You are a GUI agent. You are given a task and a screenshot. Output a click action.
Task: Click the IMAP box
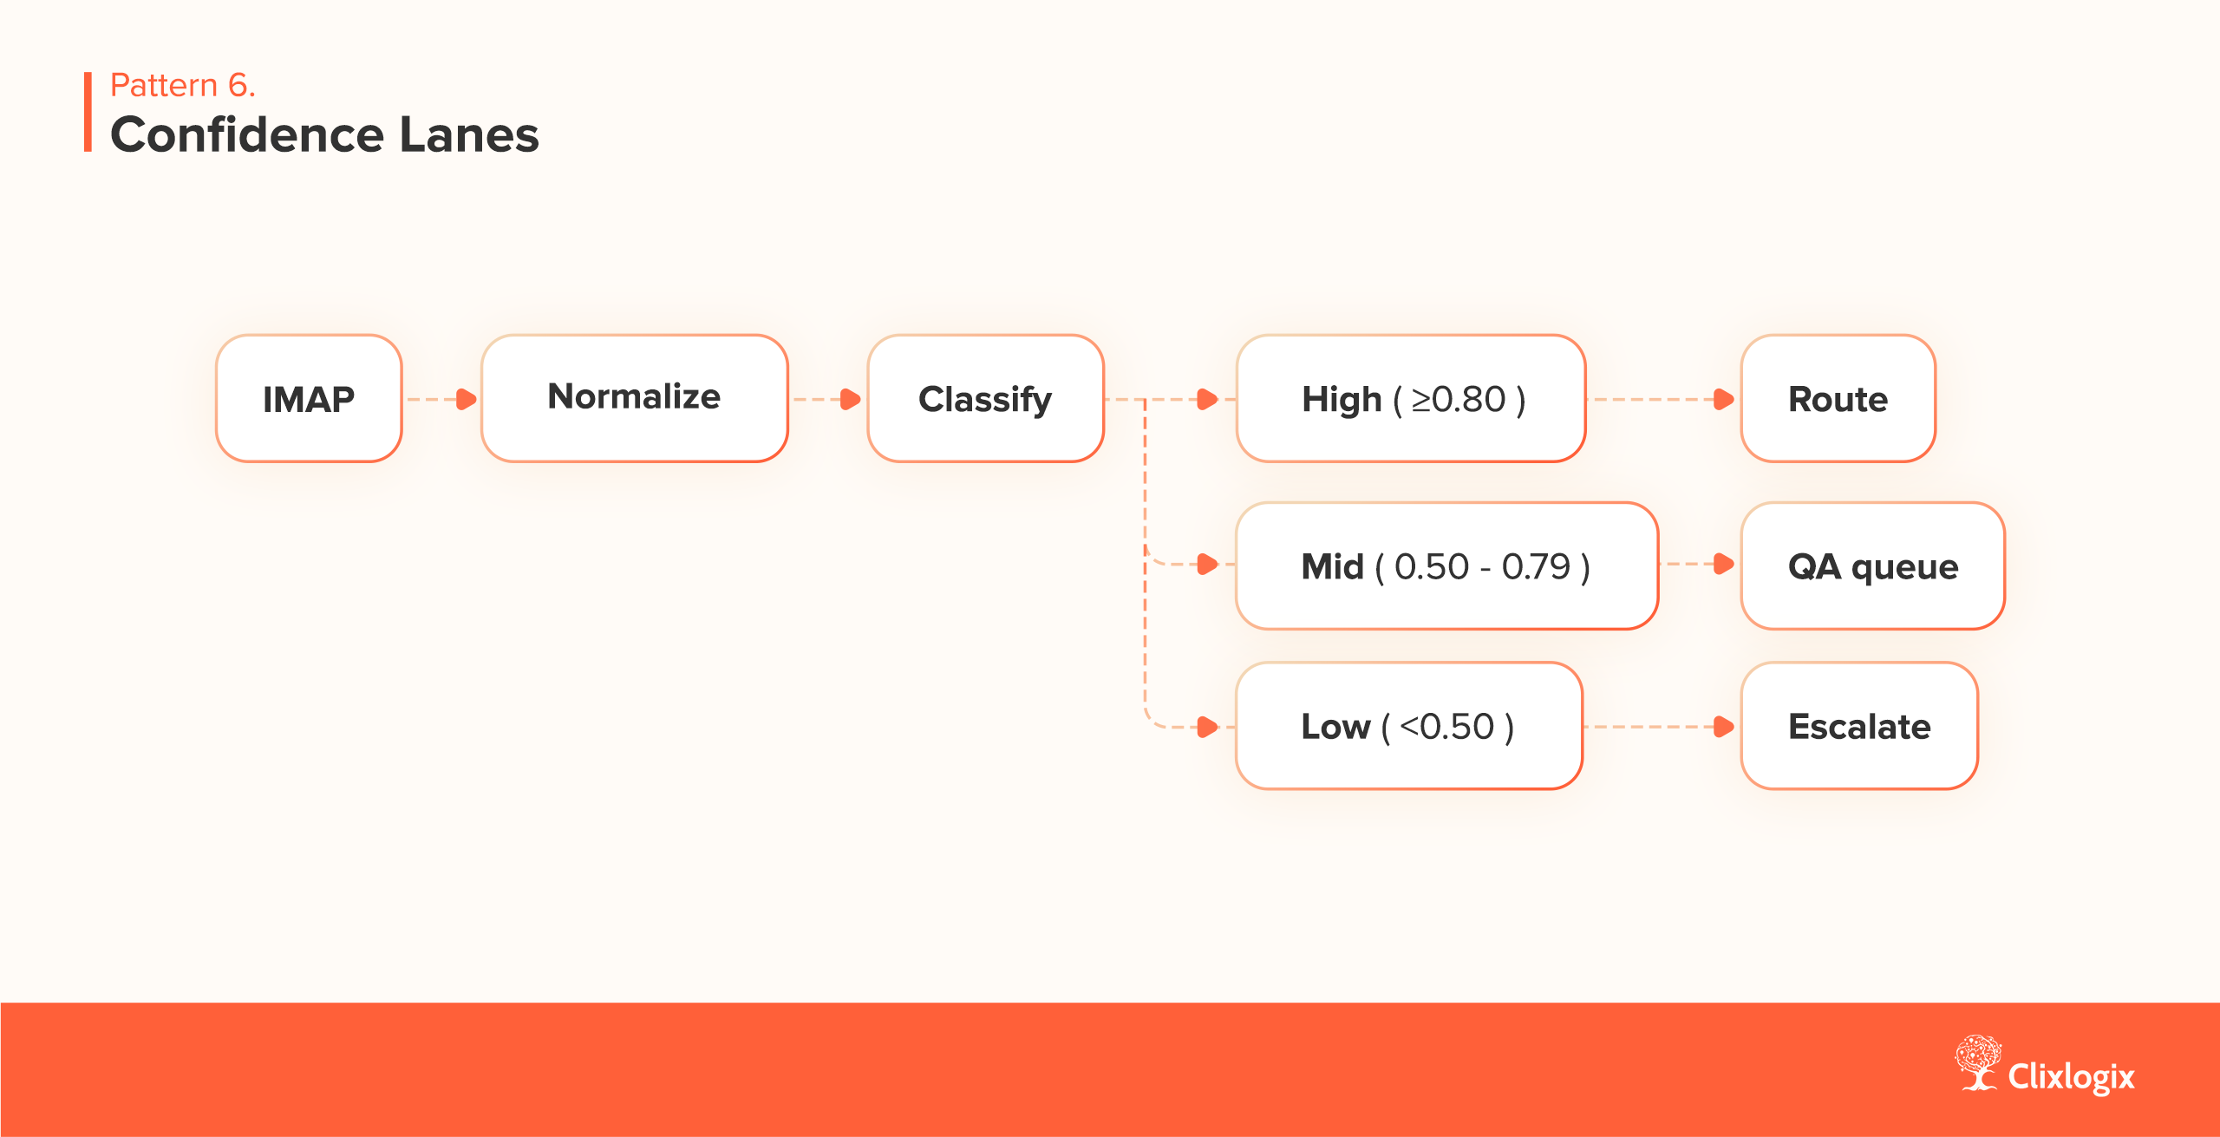click(309, 399)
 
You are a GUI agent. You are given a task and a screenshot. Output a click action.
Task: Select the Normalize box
click(634, 398)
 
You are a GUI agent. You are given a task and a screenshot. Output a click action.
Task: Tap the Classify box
click(985, 399)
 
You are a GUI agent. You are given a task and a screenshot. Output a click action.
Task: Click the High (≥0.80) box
click(1411, 399)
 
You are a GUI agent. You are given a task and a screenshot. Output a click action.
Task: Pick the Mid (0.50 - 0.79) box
click(1446, 566)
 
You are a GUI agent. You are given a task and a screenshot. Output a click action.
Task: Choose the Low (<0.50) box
click(1408, 726)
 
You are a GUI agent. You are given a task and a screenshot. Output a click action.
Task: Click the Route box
click(1838, 399)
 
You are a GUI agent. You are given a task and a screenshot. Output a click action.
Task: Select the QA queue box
click(1872, 566)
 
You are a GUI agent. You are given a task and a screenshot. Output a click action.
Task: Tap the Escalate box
click(1858, 726)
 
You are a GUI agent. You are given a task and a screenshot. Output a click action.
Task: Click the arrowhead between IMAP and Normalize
click(467, 399)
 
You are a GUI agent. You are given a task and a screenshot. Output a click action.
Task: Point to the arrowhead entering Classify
click(851, 399)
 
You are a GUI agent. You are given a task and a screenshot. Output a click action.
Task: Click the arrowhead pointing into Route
click(1724, 399)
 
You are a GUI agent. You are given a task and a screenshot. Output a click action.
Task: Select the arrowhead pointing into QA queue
click(1724, 564)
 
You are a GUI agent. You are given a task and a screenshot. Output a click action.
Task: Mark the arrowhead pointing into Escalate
click(1724, 727)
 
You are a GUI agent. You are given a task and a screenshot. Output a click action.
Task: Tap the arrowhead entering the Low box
click(1207, 727)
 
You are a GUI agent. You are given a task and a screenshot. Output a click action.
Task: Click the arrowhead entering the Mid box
click(1207, 564)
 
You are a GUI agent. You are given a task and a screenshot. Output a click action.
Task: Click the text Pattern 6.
click(183, 85)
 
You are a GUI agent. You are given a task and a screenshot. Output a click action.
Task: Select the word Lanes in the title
click(468, 135)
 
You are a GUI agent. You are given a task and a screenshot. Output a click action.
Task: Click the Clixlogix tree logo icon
click(1977, 1062)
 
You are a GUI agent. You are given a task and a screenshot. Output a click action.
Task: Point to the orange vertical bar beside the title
click(88, 112)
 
